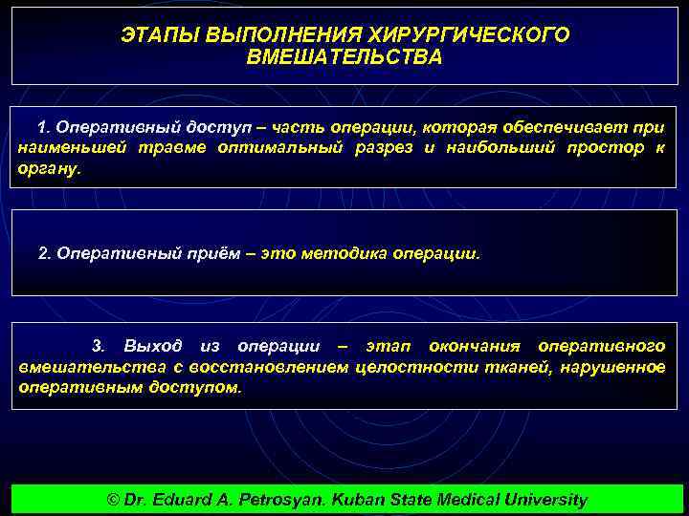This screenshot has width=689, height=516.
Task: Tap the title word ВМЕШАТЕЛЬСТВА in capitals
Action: tap(344, 57)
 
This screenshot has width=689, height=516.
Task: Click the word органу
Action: tap(51, 166)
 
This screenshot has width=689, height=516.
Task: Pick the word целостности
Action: tap(401, 368)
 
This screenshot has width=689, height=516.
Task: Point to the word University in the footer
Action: tap(541, 500)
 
